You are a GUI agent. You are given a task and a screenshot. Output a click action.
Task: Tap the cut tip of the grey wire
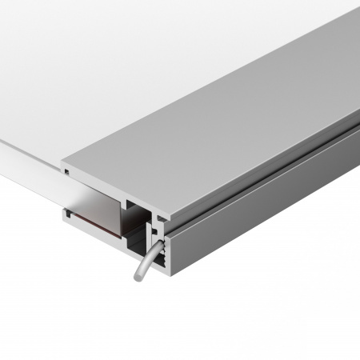pyautogui.click(x=137, y=278)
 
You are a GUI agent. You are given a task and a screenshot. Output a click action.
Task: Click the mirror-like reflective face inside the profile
pyautogui.click(x=96, y=200)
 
